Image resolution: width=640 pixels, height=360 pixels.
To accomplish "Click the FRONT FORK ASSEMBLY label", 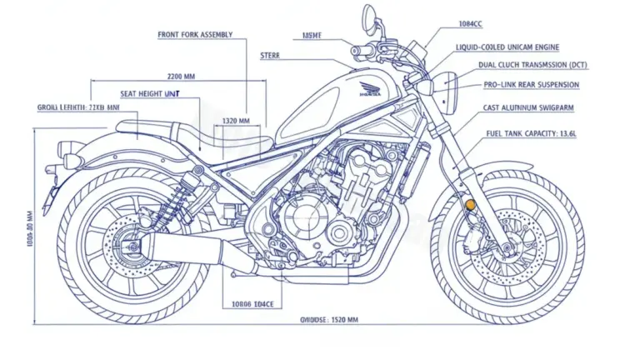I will [x=195, y=35].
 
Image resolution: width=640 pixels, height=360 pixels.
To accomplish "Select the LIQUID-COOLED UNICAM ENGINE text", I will [x=507, y=47].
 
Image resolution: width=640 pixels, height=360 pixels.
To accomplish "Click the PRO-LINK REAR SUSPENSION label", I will [x=531, y=85].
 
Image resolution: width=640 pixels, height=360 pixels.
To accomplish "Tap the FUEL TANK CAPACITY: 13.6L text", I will [x=533, y=133].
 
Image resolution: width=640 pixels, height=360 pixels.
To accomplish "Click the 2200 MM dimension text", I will [x=182, y=76].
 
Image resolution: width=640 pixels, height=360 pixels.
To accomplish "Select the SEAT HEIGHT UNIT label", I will [x=151, y=94].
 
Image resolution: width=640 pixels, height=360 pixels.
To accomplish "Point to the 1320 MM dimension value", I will [x=237, y=121].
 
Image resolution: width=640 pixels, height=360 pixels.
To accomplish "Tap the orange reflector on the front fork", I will [x=470, y=204].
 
